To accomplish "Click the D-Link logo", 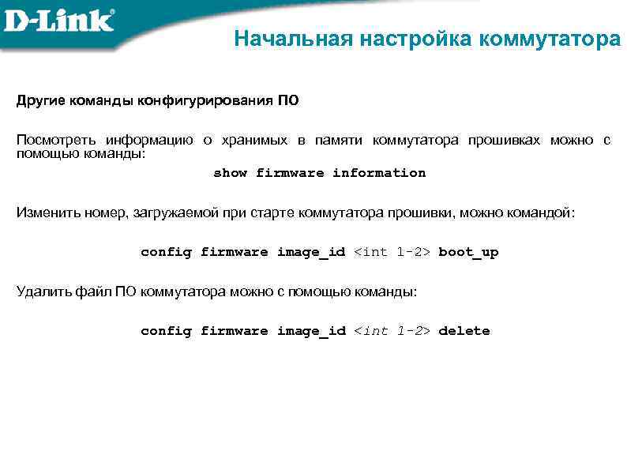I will click(58, 20).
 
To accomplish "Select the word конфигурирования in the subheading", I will click(206, 101).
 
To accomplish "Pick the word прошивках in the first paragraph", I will click(504, 141).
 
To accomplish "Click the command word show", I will click(230, 173).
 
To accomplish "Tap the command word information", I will click(378, 173).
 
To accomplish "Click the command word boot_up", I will click(468, 252).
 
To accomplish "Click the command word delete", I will click(464, 331).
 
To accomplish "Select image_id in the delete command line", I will click(311, 331).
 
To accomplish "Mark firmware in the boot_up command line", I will click(235, 252).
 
